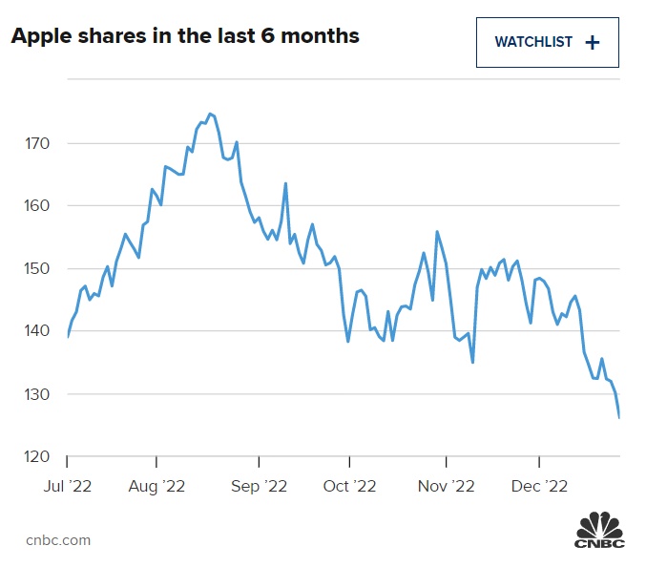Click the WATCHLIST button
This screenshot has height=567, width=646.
tap(547, 42)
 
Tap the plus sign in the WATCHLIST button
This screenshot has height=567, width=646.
tap(593, 42)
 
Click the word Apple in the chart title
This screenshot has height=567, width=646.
tap(40, 37)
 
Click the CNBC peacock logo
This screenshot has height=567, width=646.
tap(597, 531)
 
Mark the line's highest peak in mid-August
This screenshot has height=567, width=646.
tap(210, 114)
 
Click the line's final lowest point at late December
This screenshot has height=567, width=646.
tap(619, 417)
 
